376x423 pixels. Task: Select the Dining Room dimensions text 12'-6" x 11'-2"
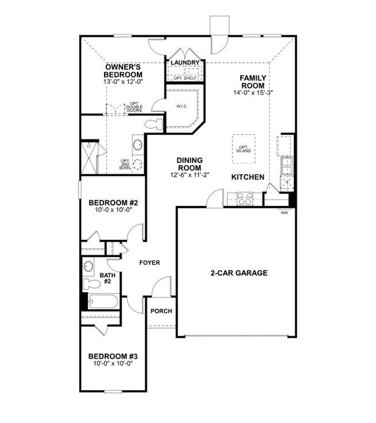tap(190, 174)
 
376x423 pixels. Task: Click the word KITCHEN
tap(247, 177)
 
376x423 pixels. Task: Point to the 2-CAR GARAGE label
tap(239, 273)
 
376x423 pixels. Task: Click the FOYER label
tap(150, 263)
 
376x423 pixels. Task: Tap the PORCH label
tap(162, 311)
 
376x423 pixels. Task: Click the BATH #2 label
tap(107, 278)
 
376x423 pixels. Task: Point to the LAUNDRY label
tap(185, 63)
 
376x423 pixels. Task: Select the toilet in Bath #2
tap(92, 285)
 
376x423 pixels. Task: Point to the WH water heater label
tap(285, 212)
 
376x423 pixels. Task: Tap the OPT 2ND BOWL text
tap(125, 164)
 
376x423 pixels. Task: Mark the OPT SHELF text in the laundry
tap(184, 77)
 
